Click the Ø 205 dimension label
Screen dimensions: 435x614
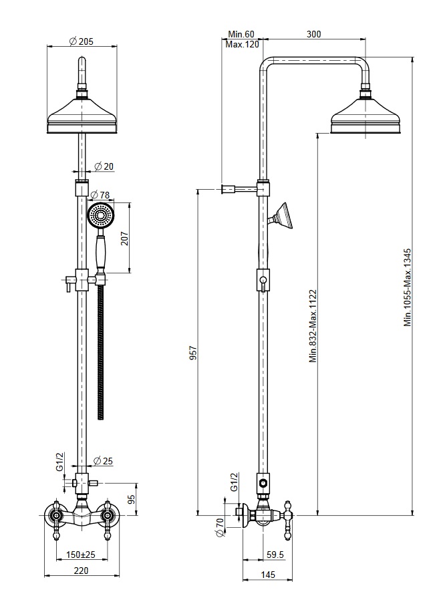coord(81,41)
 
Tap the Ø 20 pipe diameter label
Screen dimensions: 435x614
coord(104,166)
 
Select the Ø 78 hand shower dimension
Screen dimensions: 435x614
coord(100,194)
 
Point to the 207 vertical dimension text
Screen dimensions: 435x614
coord(124,239)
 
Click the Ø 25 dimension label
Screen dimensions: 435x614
coord(104,461)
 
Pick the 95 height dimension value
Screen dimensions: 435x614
coord(132,499)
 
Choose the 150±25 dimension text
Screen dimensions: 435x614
coord(81,555)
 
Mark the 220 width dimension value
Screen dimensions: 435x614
coord(81,571)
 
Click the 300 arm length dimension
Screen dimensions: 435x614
coord(313,34)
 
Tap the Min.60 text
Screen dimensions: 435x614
coord(241,35)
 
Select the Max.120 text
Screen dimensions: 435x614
coord(243,44)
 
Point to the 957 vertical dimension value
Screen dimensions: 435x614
coord(193,353)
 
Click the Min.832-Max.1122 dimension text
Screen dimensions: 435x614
coord(313,326)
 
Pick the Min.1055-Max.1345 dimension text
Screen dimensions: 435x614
coord(408,287)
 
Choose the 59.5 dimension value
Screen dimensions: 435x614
coord(275,555)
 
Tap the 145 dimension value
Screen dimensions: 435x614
coord(268,575)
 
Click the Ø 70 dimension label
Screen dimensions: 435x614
coord(220,527)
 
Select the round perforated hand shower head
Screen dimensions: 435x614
coord(101,215)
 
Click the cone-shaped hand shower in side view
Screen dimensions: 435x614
coord(283,216)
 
